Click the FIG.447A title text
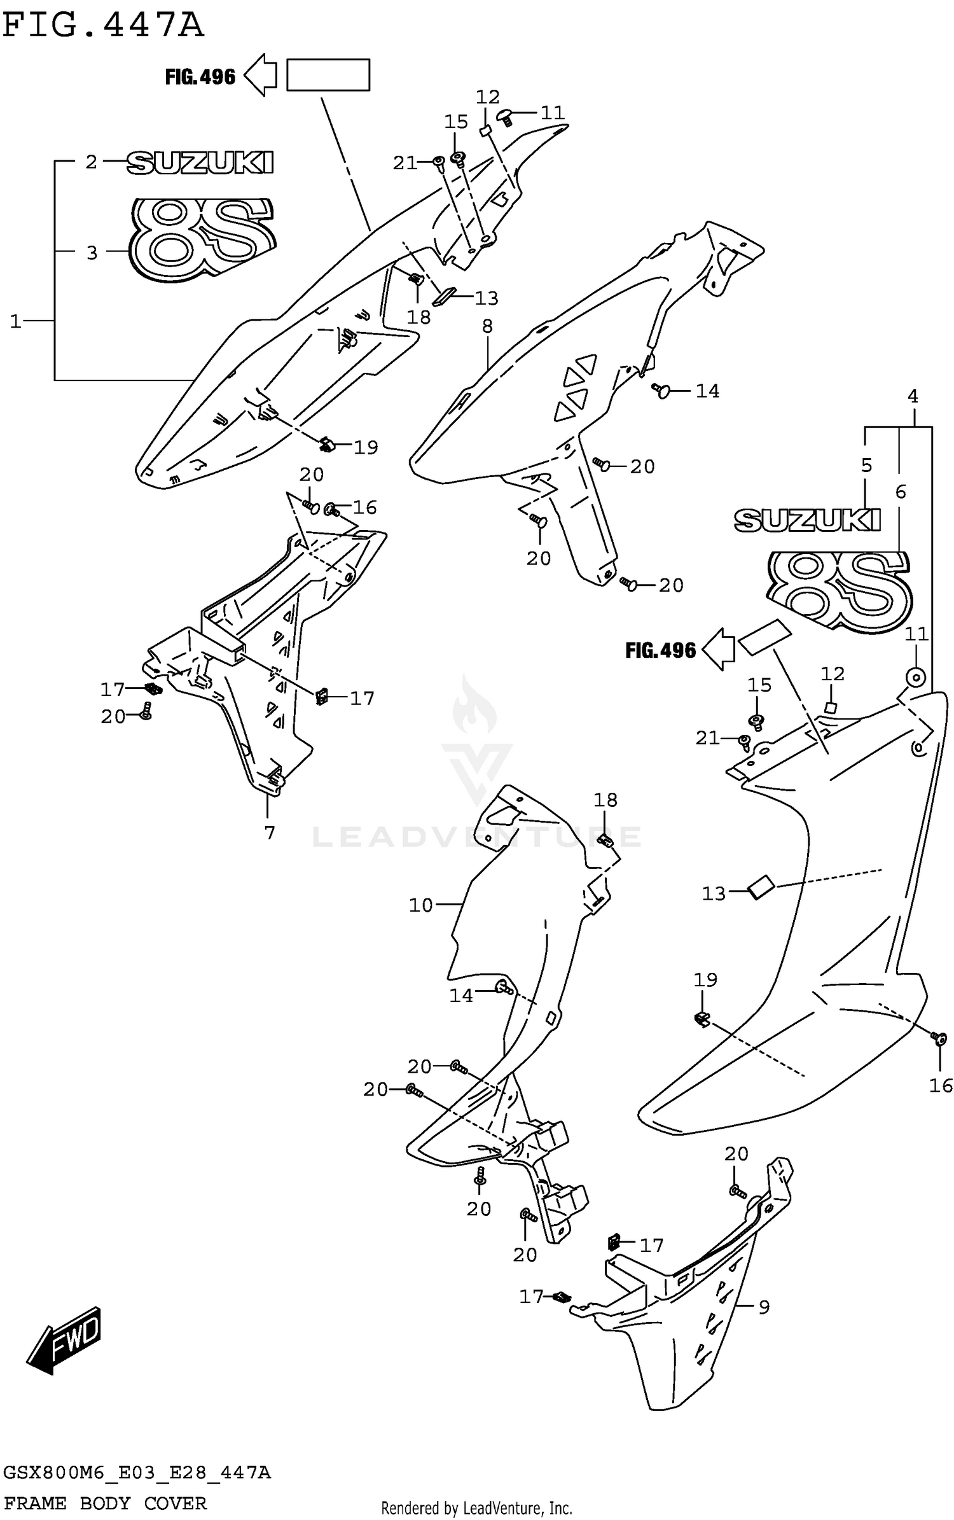pyautogui.click(x=103, y=27)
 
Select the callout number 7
pyautogui.click(x=270, y=832)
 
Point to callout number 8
pyautogui.click(x=487, y=326)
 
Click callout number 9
pyautogui.click(x=764, y=1307)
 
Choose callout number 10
pyautogui.click(x=420, y=905)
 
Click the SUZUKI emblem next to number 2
pyautogui.click(x=200, y=162)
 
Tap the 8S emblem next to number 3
pyautogui.click(x=201, y=239)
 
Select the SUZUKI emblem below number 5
pyautogui.click(x=807, y=520)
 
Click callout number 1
pyautogui.click(x=16, y=321)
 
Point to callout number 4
pyautogui.click(x=913, y=396)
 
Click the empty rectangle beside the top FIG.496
pyautogui.click(x=328, y=75)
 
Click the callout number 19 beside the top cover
pyautogui.click(x=366, y=447)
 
